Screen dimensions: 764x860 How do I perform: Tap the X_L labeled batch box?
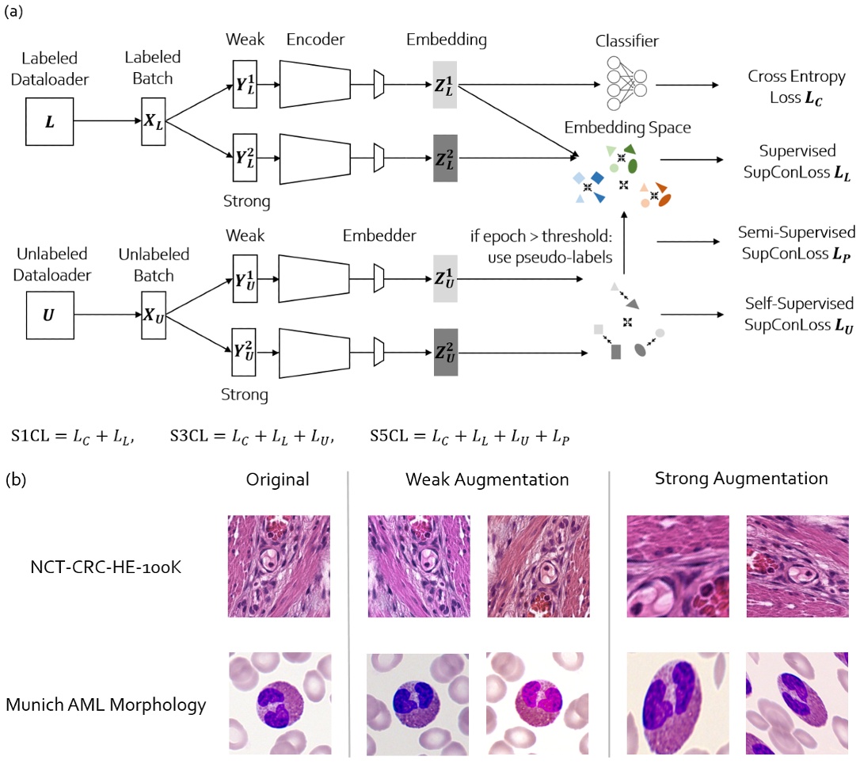click(153, 121)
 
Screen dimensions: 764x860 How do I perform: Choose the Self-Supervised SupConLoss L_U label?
click(798, 313)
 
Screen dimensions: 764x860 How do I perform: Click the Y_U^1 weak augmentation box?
click(245, 278)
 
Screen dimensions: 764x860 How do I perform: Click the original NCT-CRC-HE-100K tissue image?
click(279, 566)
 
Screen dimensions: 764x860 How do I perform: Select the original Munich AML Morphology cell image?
click(279, 703)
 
